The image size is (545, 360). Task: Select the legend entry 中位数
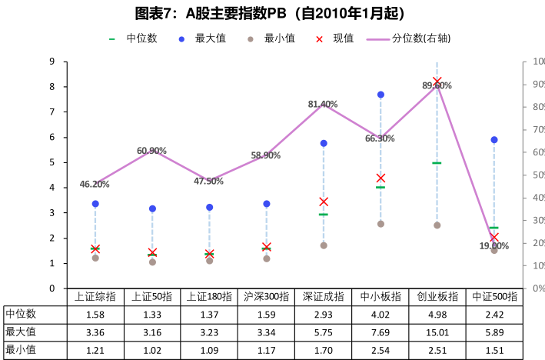click(x=138, y=38)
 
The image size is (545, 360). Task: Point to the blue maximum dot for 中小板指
click(x=381, y=95)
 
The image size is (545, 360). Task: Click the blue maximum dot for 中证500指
click(x=494, y=140)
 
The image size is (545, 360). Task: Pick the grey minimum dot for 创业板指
click(x=437, y=225)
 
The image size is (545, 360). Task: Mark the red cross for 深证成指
click(x=324, y=202)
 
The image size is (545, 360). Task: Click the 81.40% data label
click(x=323, y=104)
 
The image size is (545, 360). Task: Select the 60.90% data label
click(x=152, y=150)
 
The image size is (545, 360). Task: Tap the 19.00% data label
click(x=494, y=246)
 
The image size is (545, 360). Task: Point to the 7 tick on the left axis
click(x=52, y=112)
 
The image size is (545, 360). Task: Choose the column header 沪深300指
click(x=267, y=296)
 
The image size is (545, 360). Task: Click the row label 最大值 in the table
click(x=21, y=332)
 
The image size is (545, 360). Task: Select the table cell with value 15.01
click(x=437, y=332)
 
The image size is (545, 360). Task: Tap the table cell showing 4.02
click(x=381, y=314)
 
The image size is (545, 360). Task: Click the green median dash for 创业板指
click(x=437, y=163)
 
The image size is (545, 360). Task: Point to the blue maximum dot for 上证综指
click(x=95, y=204)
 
